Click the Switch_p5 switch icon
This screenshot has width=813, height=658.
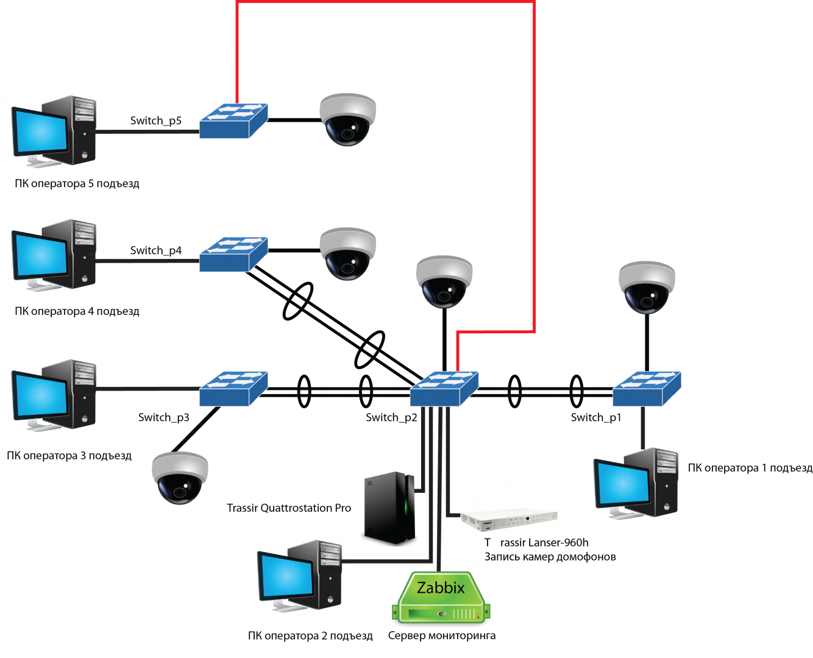(x=233, y=121)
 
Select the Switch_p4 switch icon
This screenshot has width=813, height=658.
(x=233, y=254)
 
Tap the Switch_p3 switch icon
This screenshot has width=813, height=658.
(x=233, y=389)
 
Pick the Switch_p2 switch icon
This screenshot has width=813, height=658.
(x=444, y=389)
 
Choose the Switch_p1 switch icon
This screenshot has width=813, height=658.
(x=647, y=389)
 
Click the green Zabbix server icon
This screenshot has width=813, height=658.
(x=441, y=598)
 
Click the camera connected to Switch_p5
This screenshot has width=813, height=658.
(x=348, y=119)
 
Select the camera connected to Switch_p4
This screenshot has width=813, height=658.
(x=348, y=253)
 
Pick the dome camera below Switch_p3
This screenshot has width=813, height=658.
(x=180, y=478)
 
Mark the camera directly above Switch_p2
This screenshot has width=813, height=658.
(x=444, y=281)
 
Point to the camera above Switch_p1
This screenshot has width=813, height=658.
(x=647, y=288)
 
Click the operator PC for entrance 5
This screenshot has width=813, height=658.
(x=54, y=132)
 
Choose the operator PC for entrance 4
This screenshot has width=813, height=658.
(x=54, y=255)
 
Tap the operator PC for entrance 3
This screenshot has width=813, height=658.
(x=54, y=395)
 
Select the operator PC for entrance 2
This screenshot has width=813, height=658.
(x=299, y=576)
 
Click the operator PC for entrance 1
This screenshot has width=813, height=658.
(x=635, y=484)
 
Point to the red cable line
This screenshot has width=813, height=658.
(x=534, y=164)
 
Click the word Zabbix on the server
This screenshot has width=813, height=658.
(x=441, y=588)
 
